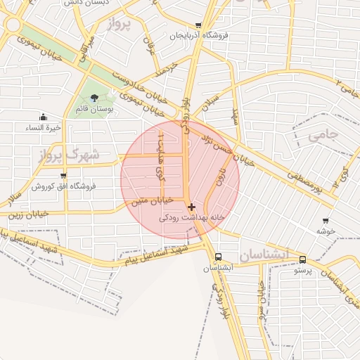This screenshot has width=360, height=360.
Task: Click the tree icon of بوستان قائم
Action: pyautogui.click(x=95, y=98)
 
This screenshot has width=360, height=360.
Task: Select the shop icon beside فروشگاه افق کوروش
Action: pyautogui.click(x=63, y=175)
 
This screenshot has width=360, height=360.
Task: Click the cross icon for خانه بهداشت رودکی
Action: pyautogui.click(x=191, y=207)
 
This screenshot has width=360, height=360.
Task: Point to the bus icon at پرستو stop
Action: pyautogui.click(x=302, y=259)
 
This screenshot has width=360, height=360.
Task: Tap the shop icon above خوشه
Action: pyautogui.click(x=325, y=221)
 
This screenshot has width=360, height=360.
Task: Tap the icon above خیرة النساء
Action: pyautogui.click(x=44, y=117)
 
